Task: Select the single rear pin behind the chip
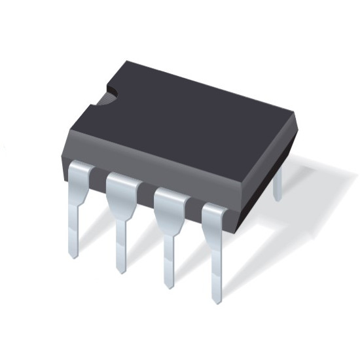(x=278, y=183)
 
